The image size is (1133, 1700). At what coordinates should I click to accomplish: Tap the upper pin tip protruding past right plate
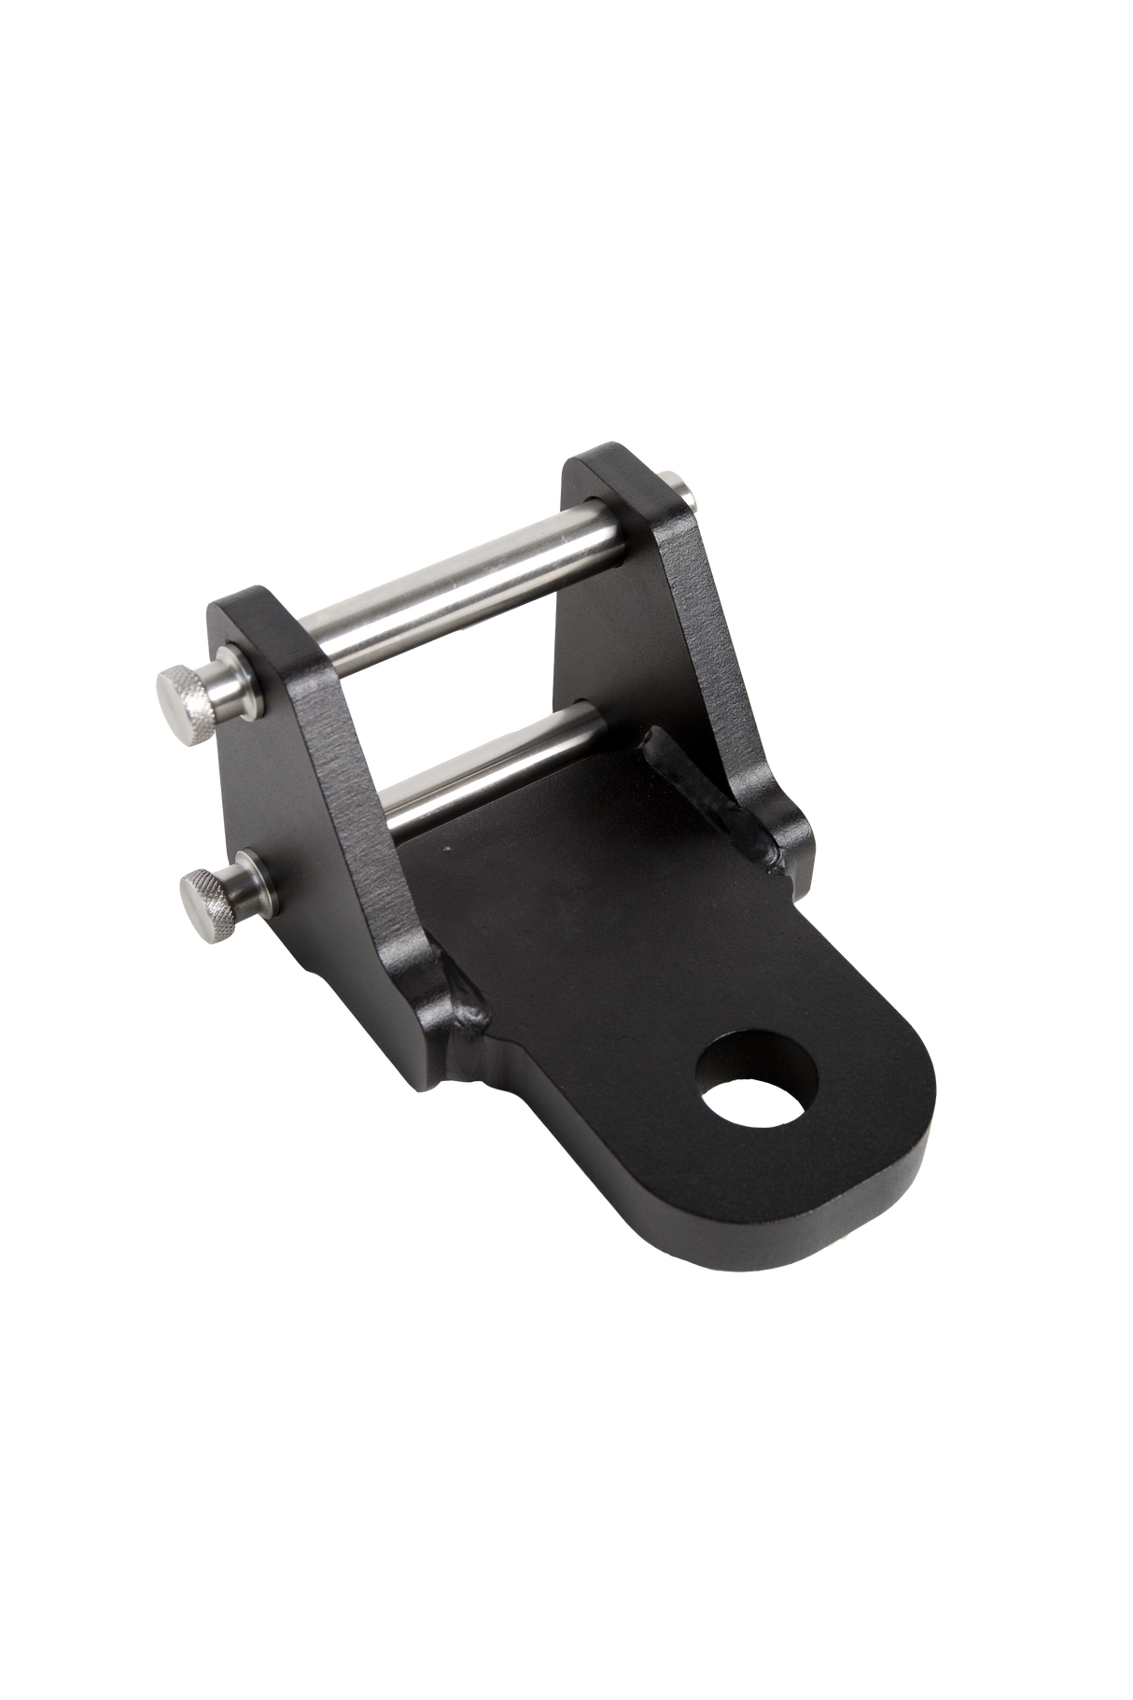[685, 489]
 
